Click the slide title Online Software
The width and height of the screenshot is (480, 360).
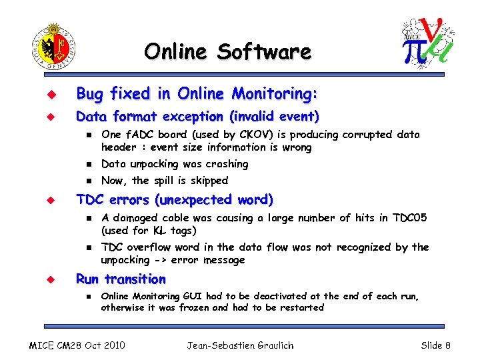pyautogui.click(x=227, y=51)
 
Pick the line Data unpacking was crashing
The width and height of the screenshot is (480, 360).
pyautogui.click(x=175, y=164)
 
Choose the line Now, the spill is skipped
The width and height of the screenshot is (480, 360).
pyautogui.click(x=165, y=181)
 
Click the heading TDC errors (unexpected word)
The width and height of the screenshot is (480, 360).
pyautogui.click(x=175, y=199)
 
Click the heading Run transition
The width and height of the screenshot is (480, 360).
pyautogui.click(x=121, y=279)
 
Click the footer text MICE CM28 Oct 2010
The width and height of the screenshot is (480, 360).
pyautogui.click(x=77, y=345)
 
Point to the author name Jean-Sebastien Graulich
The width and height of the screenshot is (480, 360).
pyautogui.click(x=240, y=345)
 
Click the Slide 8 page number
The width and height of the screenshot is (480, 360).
pyautogui.click(x=435, y=345)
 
